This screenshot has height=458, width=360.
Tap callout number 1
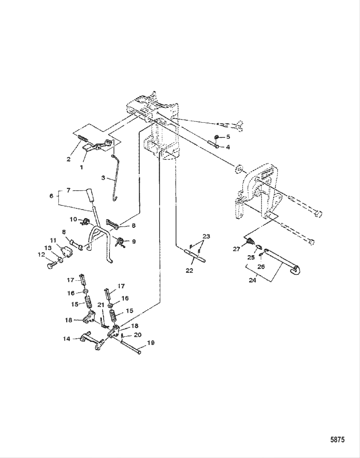pos(81,167)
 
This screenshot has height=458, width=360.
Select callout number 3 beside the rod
pos(103,178)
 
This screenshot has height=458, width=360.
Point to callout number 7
pos(68,190)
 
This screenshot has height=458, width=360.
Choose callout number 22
pos(189,271)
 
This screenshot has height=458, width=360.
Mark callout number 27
pos(237,249)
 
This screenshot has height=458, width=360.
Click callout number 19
pos(151,343)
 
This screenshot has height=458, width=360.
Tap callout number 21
pos(101,305)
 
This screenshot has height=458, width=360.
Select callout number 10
pos(73,219)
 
